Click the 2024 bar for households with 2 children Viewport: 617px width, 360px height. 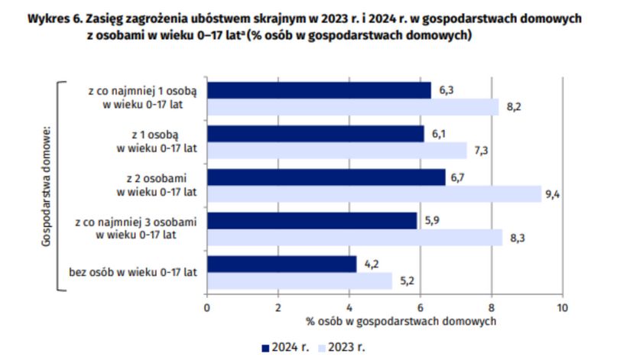click(326, 177)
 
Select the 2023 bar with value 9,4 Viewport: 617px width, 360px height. click(373, 194)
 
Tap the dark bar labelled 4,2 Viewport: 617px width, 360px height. click(281, 264)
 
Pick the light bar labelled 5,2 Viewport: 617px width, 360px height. click(299, 281)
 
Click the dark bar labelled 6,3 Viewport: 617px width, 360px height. click(319, 89)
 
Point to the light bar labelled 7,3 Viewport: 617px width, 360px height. click(336, 151)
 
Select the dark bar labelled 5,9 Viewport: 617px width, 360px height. click(312, 220)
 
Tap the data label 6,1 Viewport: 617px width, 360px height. click(439, 134)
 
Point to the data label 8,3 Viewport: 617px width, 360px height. click(517, 238)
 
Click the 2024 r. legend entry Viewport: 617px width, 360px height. click(286, 347)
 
